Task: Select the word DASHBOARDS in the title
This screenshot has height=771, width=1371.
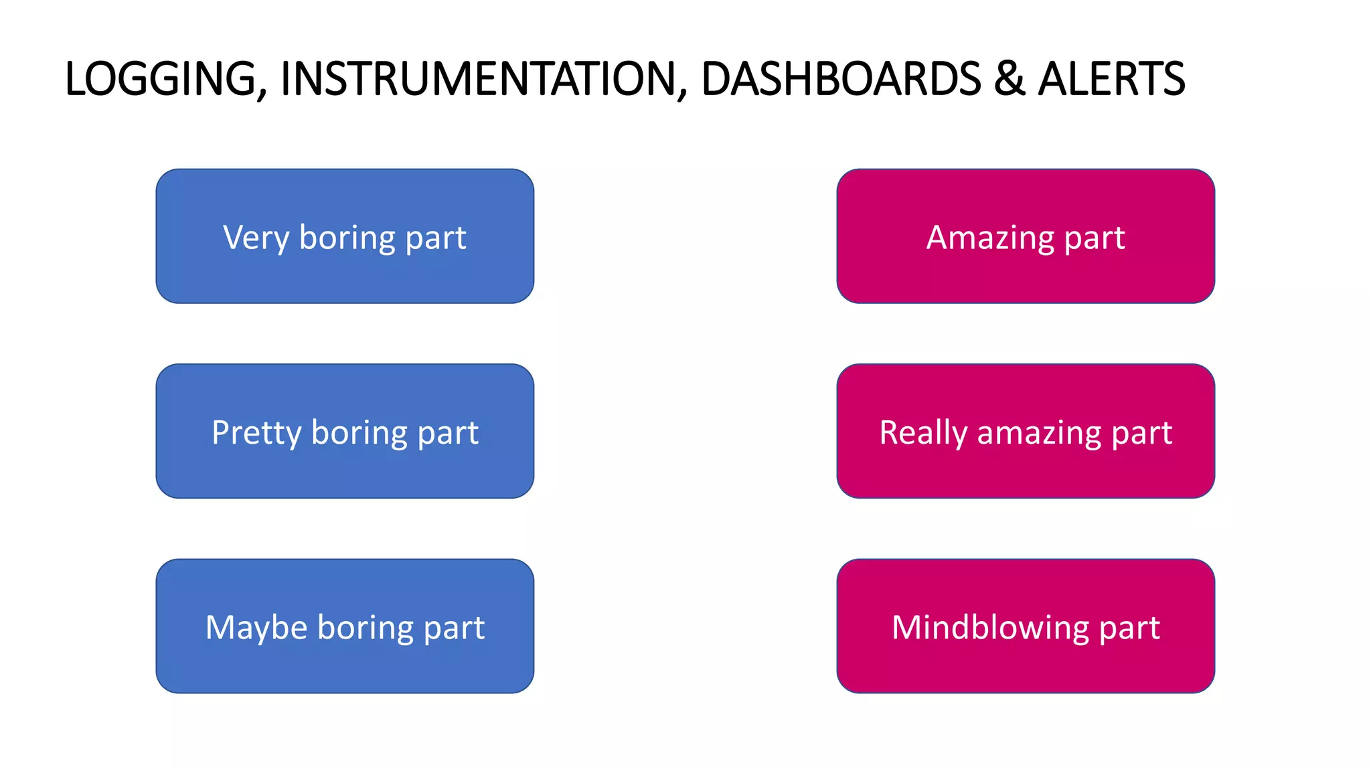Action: (x=841, y=79)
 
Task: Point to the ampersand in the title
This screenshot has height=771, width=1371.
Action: (x=1010, y=79)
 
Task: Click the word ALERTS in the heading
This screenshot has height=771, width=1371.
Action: (x=1111, y=79)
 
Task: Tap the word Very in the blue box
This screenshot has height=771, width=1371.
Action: (x=256, y=238)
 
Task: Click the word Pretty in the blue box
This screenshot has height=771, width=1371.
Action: (x=256, y=433)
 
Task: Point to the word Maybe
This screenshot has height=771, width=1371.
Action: (x=256, y=628)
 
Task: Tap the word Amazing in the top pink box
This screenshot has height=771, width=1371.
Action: (x=990, y=238)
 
